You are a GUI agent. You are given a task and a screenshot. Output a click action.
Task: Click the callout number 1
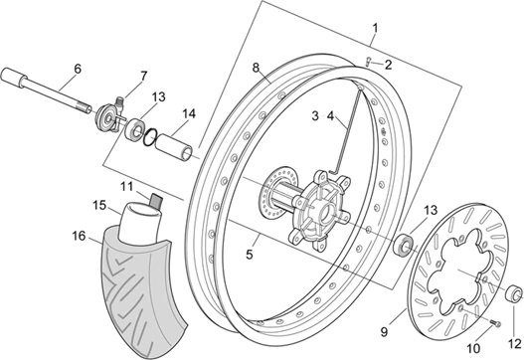(x=375, y=28)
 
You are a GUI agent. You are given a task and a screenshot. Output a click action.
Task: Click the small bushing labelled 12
(x=514, y=292)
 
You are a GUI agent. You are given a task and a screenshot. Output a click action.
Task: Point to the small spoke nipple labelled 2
(x=367, y=63)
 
